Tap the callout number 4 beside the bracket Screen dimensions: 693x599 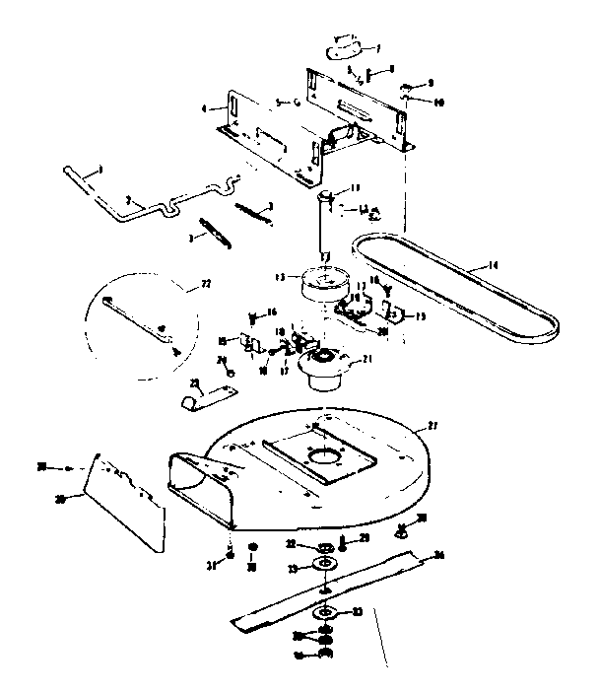204,109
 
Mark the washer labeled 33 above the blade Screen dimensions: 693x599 323,563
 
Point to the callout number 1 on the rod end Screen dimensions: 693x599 99,171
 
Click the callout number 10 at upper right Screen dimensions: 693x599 439,102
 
